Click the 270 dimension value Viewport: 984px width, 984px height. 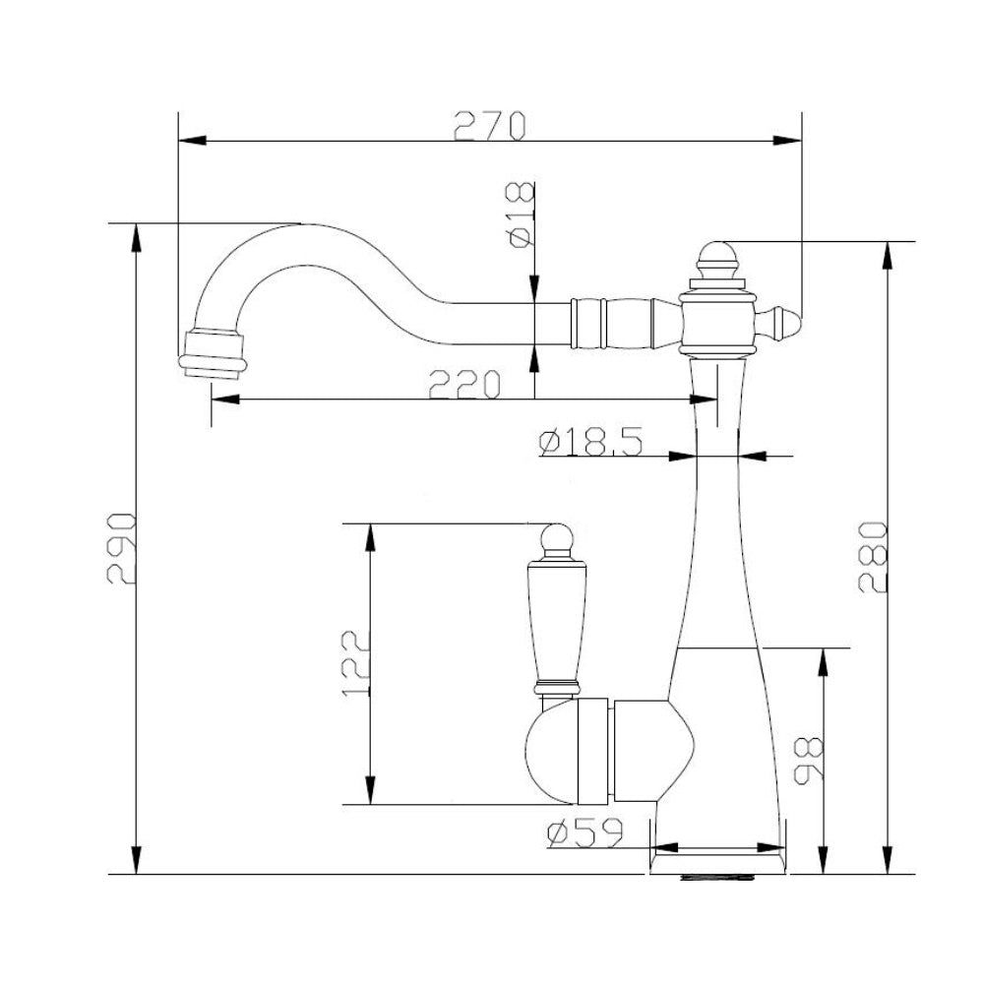pyautogui.click(x=489, y=126)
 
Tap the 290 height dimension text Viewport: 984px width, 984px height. pyautogui.click(x=121, y=548)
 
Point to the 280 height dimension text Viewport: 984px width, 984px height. pyautogui.click(x=873, y=557)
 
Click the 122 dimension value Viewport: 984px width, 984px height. pyautogui.click(x=356, y=662)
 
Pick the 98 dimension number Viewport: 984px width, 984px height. pyautogui.click(x=808, y=761)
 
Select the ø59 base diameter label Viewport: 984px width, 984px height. pyautogui.click(x=584, y=832)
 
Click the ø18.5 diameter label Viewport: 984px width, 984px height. pyautogui.click(x=590, y=441)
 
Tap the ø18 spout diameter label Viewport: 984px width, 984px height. pyautogui.click(x=522, y=215)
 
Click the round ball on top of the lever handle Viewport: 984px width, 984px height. pyautogui.click(x=558, y=537)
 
